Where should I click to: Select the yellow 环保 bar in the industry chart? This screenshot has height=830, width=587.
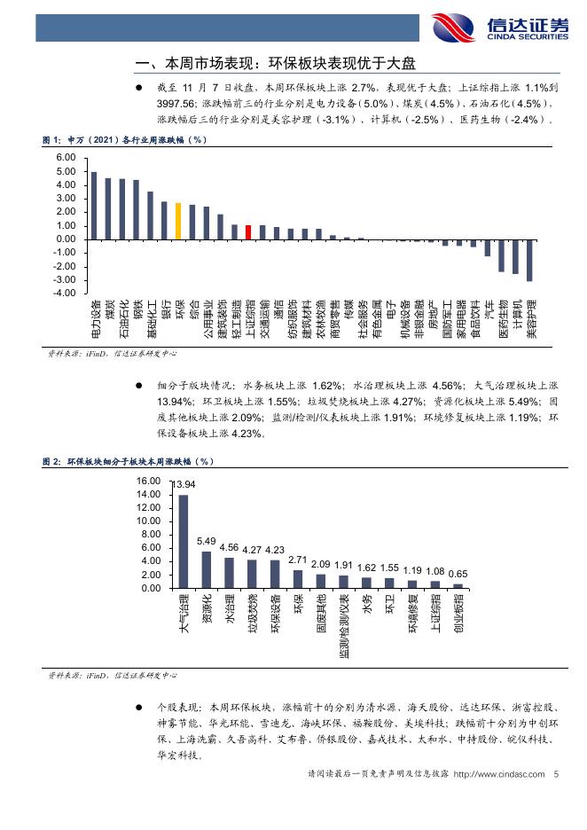178,221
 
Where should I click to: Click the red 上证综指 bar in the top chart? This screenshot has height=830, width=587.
248,231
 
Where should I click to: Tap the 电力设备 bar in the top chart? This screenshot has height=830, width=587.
94,205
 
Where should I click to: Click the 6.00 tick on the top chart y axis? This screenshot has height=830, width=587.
67,158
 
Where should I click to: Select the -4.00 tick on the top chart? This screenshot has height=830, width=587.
65,293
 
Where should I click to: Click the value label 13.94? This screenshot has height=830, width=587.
184,484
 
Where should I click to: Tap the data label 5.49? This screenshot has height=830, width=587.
206,541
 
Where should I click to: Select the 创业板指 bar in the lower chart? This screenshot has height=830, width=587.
458,585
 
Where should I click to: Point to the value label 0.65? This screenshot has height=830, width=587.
458,574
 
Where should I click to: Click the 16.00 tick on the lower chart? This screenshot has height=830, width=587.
148,481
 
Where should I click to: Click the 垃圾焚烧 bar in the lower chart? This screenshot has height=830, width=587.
252,574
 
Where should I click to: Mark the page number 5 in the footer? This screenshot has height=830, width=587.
555,774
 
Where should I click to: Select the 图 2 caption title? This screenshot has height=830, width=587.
129,462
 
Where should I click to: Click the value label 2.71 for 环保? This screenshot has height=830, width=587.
298,560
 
